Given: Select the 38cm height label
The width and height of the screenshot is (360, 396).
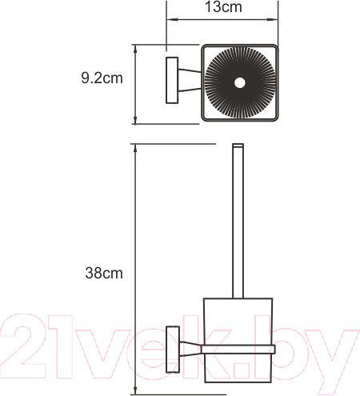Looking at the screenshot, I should pyautogui.click(x=105, y=273).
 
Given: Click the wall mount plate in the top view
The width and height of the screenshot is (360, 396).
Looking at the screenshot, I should pyautogui.click(x=171, y=79).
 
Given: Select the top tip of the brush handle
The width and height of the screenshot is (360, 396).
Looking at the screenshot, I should pyautogui.click(x=236, y=147).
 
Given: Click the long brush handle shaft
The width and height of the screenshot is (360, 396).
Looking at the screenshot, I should pyautogui.click(x=236, y=224).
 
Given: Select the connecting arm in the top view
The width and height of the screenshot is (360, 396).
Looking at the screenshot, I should pyautogui.click(x=190, y=79).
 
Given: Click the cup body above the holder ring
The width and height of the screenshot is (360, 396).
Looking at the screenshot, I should pyautogui.click(x=237, y=320).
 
